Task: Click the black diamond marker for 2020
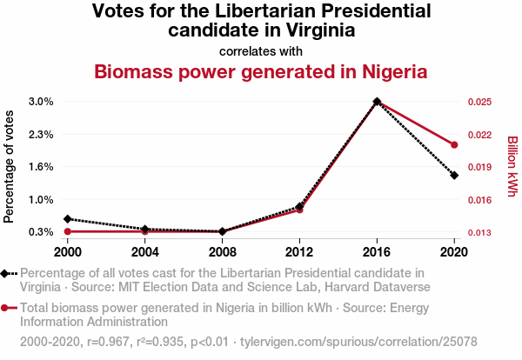click(x=454, y=176)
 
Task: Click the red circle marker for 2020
click(x=454, y=144)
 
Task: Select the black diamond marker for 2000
click(x=67, y=219)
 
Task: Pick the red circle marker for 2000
click(x=67, y=231)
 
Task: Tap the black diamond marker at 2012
click(x=299, y=207)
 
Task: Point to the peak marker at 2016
click(x=377, y=102)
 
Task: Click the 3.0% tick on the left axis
click(x=41, y=102)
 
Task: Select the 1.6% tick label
click(x=41, y=167)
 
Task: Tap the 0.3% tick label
click(x=41, y=232)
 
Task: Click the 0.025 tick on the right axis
click(x=480, y=102)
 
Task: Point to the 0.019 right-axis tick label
click(x=480, y=168)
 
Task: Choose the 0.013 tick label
click(x=480, y=233)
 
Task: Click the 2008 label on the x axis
click(x=222, y=251)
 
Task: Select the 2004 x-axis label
click(x=144, y=251)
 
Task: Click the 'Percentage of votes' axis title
click(x=10, y=167)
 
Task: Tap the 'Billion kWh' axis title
click(x=512, y=165)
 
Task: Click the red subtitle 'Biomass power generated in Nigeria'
click(x=261, y=71)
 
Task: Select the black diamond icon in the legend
click(x=7, y=274)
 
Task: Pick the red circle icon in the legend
click(x=7, y=308)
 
